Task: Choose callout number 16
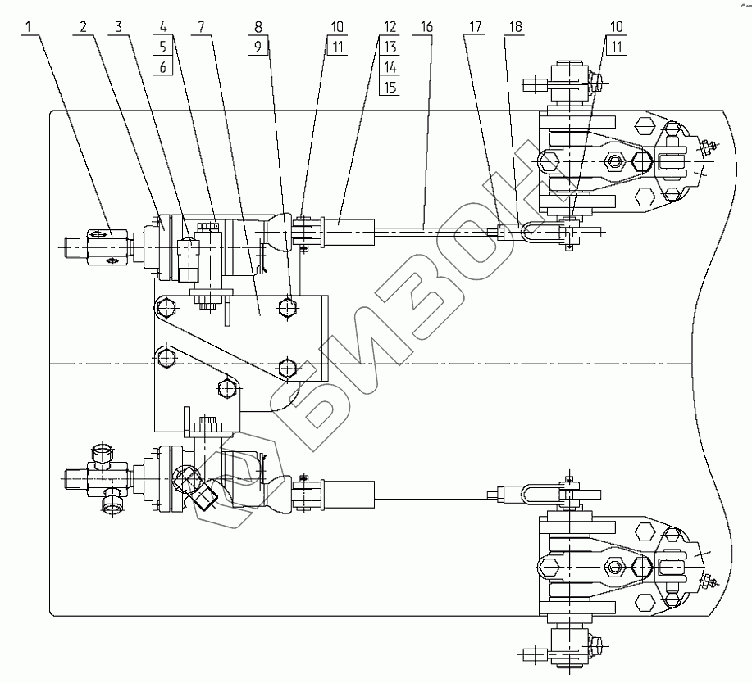point(426,27)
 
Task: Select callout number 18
point(514,27)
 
